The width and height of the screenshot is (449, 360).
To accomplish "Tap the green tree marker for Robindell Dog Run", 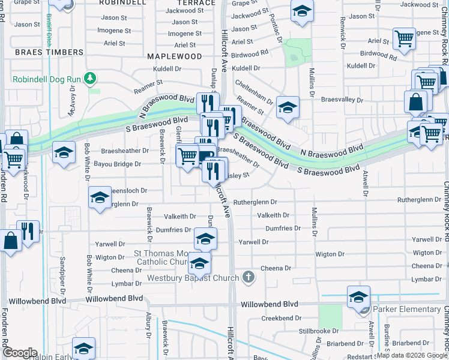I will pyautogui.click(x=89, y=78).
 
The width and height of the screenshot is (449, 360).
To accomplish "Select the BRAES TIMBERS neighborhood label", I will pyautogui.click(x=49, y=52).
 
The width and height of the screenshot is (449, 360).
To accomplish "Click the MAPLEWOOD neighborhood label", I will pyautogui.click(x=175, y=56).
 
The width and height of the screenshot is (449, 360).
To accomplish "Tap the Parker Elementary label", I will pyautogui.click(x=407, y=310).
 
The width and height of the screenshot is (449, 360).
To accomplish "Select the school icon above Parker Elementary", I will pyautogui.click(x=358, y=296).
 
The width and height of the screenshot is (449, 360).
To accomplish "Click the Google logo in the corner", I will pyautogui.click(x=20, y=353).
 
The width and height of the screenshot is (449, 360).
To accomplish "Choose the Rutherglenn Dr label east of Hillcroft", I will pyautogui.click(x=255, y=202).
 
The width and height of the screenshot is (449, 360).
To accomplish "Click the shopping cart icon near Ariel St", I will pyautogui.click(x=404, y=38).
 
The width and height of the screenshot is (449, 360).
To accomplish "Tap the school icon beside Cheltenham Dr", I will pyautogui.click(x=288, y=108).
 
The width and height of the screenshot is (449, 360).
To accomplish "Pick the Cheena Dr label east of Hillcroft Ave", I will pyautogui.click(x=276, y=268).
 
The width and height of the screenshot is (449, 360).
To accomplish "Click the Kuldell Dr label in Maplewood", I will pyautogui.click(x=167, y=69).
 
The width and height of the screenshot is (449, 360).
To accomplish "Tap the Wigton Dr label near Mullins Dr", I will pyautogui.click(x=330, y=254).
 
